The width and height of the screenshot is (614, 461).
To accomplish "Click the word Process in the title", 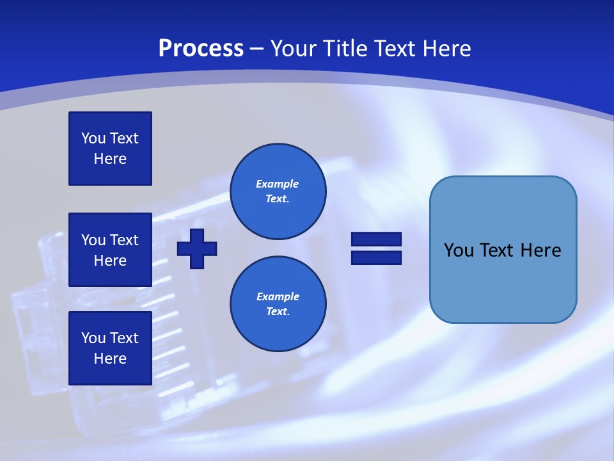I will click(x=201, y=49).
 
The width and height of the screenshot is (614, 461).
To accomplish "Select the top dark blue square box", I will click(x=110, y=149).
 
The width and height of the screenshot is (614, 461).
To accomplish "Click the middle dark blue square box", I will click(x=110, y=250).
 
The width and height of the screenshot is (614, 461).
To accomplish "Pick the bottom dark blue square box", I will click(x=110, y=348).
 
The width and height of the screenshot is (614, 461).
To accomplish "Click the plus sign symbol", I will click(x=197, y=248).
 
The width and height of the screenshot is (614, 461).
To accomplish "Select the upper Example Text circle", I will click(x=278, y=191).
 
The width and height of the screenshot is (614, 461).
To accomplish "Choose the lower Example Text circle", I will click(x=278, y=304).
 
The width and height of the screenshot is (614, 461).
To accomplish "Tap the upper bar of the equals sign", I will click(x=376, y=239).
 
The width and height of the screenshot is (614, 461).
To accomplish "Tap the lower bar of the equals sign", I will click(x=376, y=257).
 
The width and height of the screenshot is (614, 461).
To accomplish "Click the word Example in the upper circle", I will click(x=277, y=184).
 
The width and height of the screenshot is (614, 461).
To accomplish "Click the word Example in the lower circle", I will click(x=278, y=296).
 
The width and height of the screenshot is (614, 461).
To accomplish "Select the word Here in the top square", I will click(x=110, y=159).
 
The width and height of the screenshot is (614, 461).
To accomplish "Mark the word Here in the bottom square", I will click(x=110, y=359).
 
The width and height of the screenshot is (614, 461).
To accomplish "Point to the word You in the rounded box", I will click(x=459, y=250).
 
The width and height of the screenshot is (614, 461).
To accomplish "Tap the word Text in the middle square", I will click(x=123, y=240).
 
